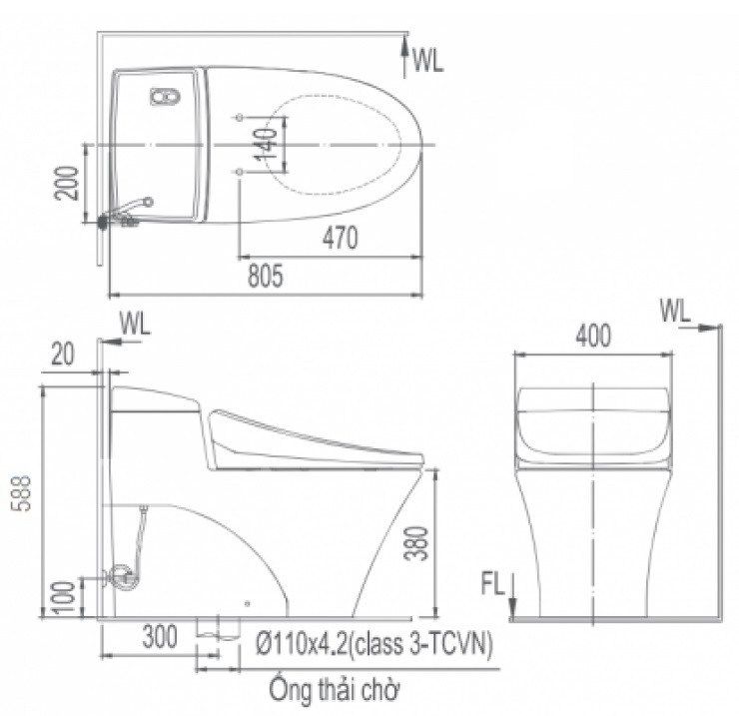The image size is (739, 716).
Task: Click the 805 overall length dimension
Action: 266,276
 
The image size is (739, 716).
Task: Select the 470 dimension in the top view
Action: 341,238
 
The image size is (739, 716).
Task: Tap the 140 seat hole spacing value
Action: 267,143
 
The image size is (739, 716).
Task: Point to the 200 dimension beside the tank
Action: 67,183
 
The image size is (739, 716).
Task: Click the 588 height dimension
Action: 21,493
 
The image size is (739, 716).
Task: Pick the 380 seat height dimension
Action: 416,542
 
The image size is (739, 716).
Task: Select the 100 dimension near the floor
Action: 65,597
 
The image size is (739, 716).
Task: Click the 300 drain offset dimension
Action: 160,636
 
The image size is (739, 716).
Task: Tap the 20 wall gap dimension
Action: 63,354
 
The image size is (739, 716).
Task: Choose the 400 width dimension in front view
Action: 593,336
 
